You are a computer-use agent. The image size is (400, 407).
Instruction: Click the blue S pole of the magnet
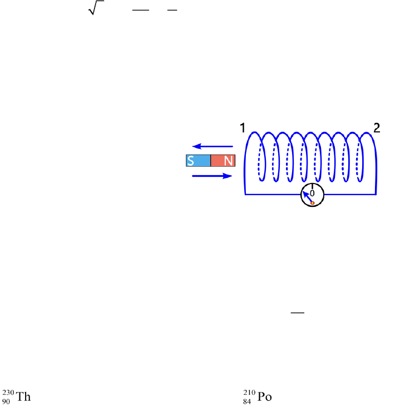point(199,161)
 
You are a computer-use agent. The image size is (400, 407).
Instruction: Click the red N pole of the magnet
point(223,161)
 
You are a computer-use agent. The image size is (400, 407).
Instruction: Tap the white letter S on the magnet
point(191,161)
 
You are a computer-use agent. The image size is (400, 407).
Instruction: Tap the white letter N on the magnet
point(228,161)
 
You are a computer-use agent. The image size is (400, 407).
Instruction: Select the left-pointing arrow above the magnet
point(213,146)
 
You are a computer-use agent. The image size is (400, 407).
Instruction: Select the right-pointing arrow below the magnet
point(212,176)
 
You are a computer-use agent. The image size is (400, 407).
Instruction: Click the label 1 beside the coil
point(243,128)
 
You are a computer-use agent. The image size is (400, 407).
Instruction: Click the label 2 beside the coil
point(377,128)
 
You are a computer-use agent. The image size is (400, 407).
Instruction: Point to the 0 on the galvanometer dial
point(312,193)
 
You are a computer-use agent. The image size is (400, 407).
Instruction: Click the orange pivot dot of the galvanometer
point(313,203)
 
